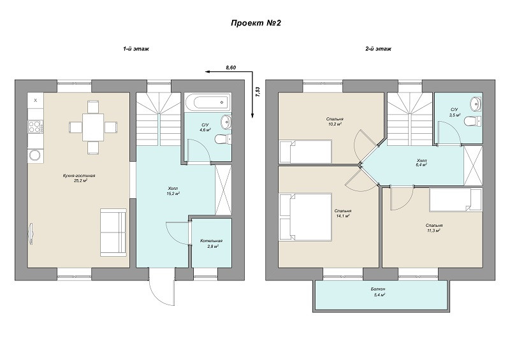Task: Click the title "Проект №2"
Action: click(x=256, y=23)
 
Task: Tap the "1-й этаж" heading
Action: click(x=136, y=49)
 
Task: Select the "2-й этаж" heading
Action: click(x=378, y=49)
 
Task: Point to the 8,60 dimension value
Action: click(x=231, y=68)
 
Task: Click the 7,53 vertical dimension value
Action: click(x=258, y=92)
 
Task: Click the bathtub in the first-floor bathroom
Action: click(x=208, y=103)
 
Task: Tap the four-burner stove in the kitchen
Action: click(x=36, y=127)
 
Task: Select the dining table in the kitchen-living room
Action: click(x=93, y=127)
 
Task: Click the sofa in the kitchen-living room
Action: click(x=113, y=233)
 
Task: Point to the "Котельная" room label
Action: click(x=212, y=241)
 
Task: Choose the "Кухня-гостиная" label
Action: click(x=79, y=176)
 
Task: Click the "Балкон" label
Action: click(x=378, y=289)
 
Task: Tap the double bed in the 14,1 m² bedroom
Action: click(x=306, y=217)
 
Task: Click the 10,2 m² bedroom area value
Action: click(x=335, y=124)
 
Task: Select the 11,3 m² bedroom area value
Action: click(x=434, y=230)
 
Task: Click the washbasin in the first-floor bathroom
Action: click(x=226, y=122)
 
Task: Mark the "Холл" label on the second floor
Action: click(x=422, y=161)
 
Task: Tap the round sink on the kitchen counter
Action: click(x=36, y=155)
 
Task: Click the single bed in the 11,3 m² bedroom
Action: click(x=455, y=200)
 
